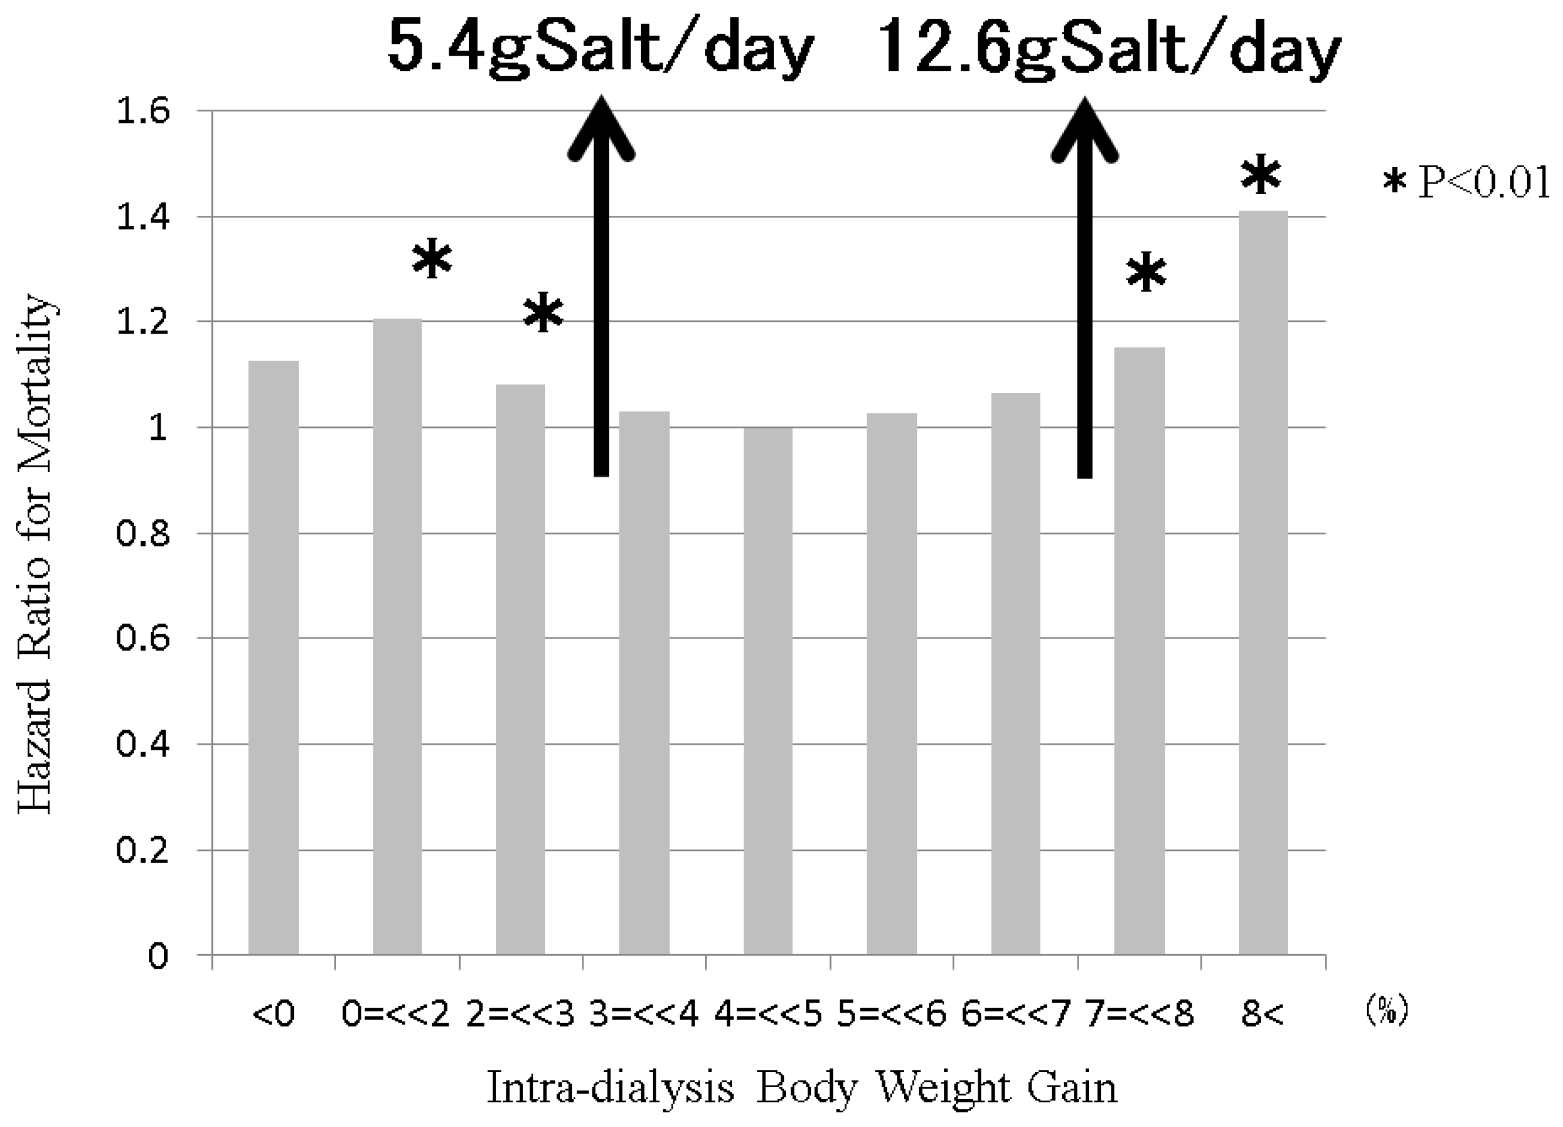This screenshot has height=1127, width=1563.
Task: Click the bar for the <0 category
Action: point(273,658)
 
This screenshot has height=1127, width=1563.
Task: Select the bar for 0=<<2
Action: point(398,637)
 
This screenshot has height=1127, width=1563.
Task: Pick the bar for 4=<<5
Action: point(768,691)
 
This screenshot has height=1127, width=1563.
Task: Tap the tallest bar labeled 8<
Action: point(1263,583)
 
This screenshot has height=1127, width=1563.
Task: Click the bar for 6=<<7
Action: point(1015,674)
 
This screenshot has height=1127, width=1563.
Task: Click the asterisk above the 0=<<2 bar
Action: point(432,259)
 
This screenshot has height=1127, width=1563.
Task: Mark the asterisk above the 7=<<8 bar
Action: point(1146,273)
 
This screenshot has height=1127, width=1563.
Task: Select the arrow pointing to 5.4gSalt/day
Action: point(602,289)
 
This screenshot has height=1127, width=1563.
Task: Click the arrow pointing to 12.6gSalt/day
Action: point(1085,289)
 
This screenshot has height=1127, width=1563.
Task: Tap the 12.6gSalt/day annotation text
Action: point(1110,47)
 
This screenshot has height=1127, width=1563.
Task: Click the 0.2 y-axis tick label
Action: point(143,850)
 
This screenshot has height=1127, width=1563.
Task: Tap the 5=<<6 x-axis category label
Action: point(892,1014)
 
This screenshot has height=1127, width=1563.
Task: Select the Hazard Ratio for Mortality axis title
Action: point(35,555)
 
